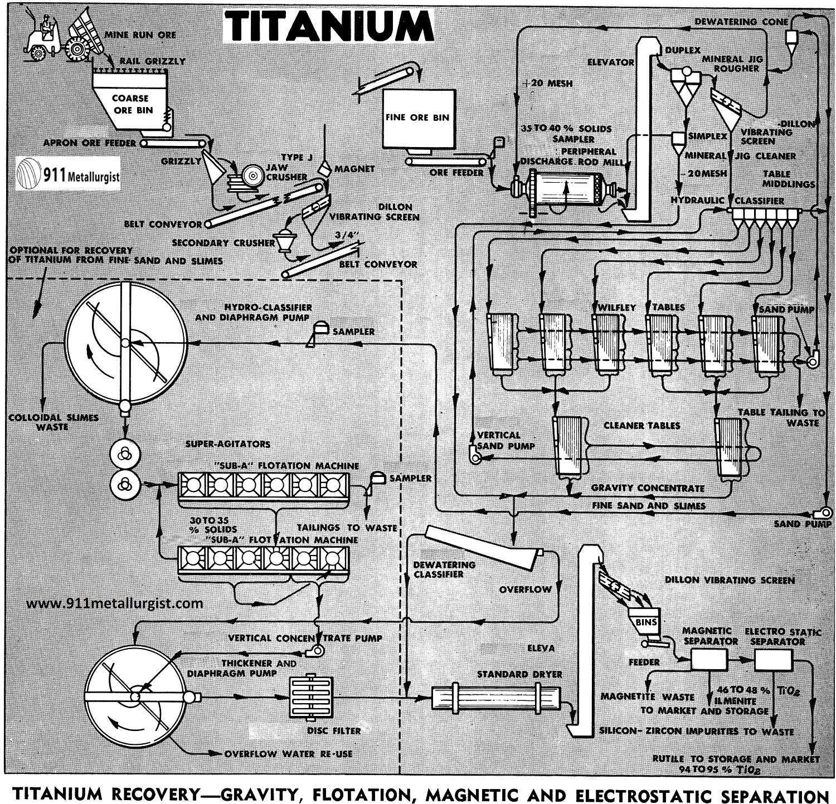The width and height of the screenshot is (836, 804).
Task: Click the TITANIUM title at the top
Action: [329, 26]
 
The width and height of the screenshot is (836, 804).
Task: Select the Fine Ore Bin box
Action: [417, 118]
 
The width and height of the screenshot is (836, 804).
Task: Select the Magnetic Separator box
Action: [708, 660]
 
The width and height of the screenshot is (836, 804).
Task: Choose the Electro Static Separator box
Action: [773, 660]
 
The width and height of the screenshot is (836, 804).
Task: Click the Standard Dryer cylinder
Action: [496, 697]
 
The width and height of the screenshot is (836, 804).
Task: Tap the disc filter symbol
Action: [311, 697]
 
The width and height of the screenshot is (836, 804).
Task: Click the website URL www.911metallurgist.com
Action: [114, 603]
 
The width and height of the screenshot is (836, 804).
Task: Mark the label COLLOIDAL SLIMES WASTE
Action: [53, 422]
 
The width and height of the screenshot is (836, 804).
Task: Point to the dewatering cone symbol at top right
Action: [791, 39]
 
